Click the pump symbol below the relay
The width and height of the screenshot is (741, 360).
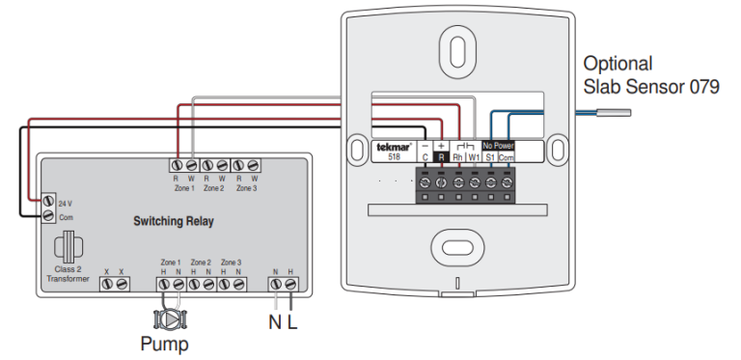point(171,318)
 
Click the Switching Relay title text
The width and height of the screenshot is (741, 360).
point(174,221)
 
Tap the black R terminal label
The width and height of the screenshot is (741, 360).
point(441,156)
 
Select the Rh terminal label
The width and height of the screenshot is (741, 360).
point(457,156)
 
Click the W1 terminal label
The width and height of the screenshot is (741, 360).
point(474,156)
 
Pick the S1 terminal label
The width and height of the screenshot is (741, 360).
point(490,156)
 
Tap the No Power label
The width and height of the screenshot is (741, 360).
point(499,146)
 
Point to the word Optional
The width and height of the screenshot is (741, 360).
point(617,65)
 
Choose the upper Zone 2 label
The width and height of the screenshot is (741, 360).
point(213,187)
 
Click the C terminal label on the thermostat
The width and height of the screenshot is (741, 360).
point(425,156)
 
